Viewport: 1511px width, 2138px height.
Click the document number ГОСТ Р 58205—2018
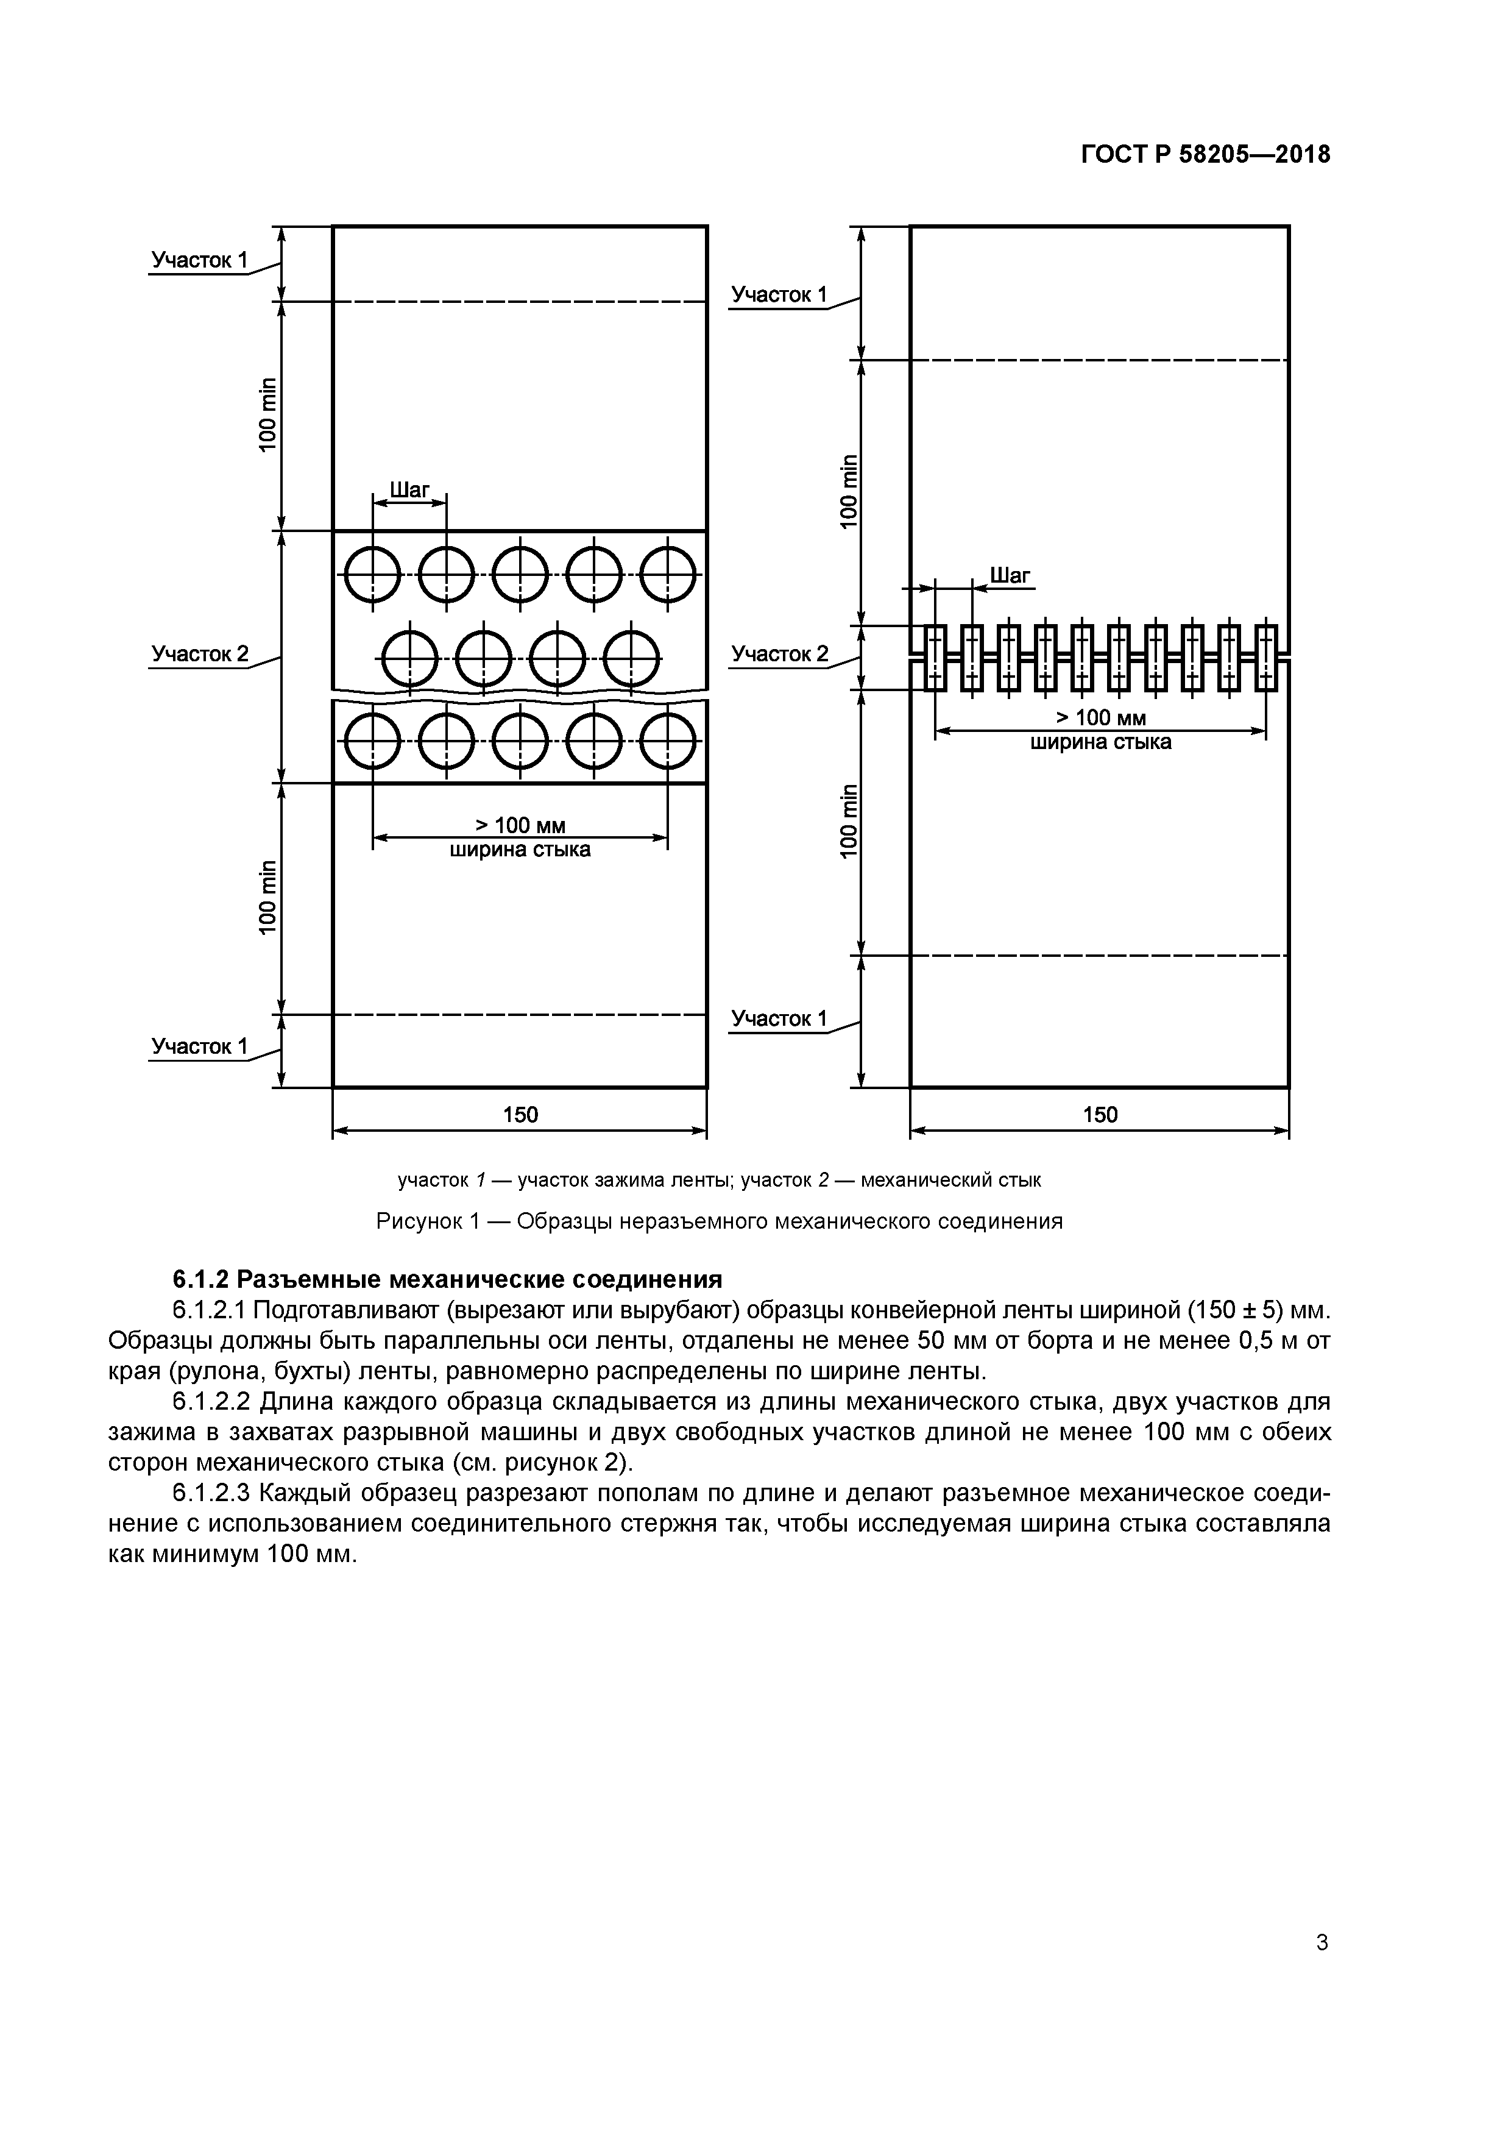click(1206, 155)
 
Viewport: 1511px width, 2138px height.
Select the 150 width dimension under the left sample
click(520, 1115)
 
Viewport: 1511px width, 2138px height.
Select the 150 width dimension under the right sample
click(1100, 1115)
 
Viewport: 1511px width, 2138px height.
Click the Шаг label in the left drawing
click(409, 490)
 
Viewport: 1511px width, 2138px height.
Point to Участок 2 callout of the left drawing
click(200, 655)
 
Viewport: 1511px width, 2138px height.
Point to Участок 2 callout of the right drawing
click(779, 655)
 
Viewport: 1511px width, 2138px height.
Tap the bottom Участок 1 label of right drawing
click(779, 1018)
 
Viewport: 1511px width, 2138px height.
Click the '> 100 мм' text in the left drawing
click(520, 826)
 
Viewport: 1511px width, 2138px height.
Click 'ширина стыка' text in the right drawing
click(1100, 742)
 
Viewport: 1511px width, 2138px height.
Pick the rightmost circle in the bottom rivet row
click(668, 741)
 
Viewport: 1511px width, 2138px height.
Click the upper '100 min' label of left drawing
click(268, 414)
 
